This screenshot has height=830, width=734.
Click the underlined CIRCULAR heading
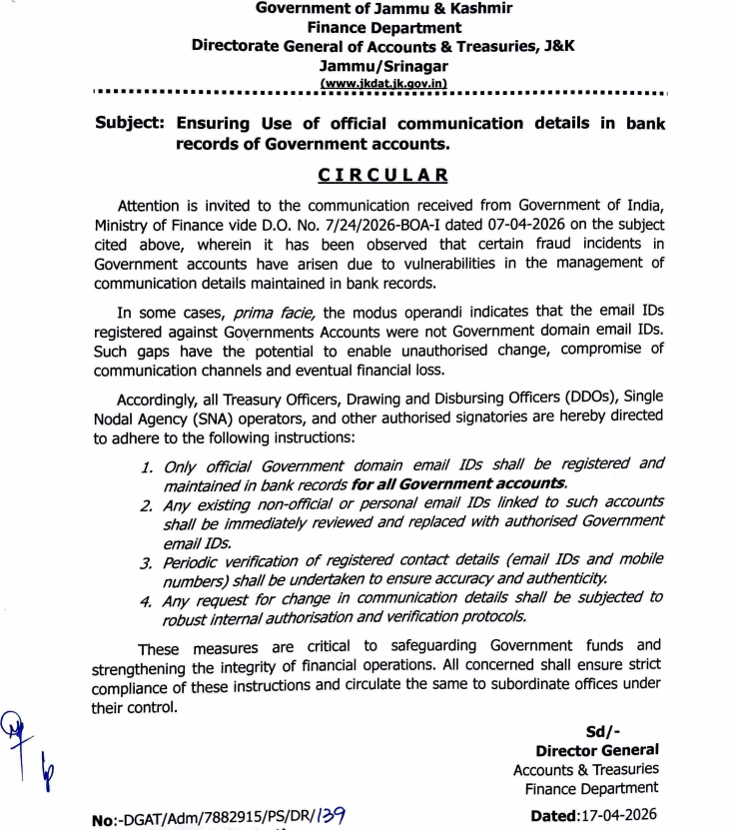tap(382, 176)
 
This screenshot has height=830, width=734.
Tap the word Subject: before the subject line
tap(130, 124)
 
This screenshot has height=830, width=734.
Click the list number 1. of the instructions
tap(146, 467)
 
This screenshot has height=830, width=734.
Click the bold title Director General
tap(597, 750)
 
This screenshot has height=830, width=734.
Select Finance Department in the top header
tap(383, 28)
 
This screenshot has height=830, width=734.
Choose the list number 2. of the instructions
tap(146, 506)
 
